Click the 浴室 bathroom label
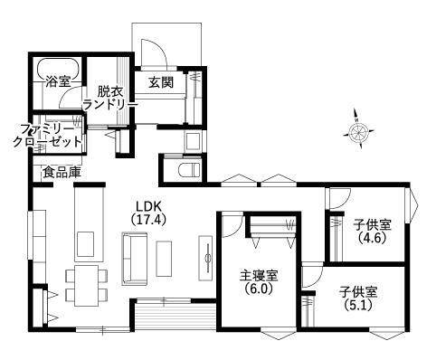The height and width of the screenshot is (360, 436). coord(58,81)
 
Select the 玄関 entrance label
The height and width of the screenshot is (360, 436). coord(161,81)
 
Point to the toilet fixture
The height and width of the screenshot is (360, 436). coord(189,170)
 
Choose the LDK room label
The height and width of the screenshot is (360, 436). coord(149,206)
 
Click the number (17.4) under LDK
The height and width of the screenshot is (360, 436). coord(149,220)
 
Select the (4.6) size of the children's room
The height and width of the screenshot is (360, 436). coord(373,238)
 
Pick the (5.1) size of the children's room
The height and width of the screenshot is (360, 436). coord(358,305)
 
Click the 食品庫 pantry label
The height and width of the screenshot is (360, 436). coord(62,172)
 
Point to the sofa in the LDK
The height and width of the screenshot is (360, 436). coord(135,259)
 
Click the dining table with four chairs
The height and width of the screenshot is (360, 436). coord(87,286)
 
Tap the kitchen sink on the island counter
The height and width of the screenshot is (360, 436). coord(85,244)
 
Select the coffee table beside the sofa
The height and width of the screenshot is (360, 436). coord(164,259)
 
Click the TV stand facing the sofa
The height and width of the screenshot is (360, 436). coord(205,258)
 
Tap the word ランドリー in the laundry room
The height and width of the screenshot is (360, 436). coord(110,104)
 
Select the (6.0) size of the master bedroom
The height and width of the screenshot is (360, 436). coord(259,289)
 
